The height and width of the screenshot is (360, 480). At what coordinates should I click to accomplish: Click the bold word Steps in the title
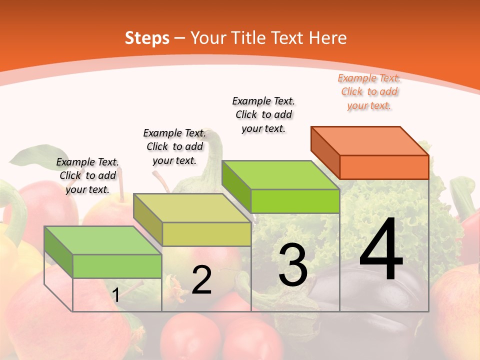[147, 38]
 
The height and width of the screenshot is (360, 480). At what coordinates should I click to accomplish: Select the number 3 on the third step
[293, 265]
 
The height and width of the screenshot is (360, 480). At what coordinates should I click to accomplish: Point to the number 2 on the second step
[201, 280]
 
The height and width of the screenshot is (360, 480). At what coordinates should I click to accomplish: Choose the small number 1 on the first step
[116, 295]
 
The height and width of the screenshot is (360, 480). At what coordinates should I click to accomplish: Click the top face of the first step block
[102, 240]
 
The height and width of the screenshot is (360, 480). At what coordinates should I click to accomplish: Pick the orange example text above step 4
[369, 92]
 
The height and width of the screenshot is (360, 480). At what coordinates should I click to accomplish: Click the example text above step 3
[263, 115]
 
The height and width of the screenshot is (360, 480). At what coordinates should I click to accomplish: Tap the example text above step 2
[174, 147]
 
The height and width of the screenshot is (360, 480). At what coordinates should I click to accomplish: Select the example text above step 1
[87, 176]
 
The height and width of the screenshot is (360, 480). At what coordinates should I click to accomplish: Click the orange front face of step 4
[384, 167]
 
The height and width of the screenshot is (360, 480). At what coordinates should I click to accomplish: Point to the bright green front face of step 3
[295, 201]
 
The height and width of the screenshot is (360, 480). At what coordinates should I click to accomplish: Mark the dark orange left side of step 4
[325, 152]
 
